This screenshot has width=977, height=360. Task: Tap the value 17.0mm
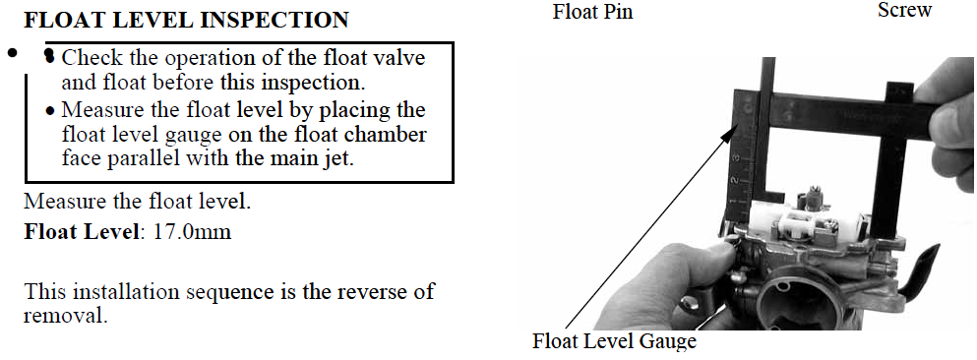coord(192,232)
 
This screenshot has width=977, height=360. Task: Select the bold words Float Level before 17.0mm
coord(84,232)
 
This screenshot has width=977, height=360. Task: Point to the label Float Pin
coord(592,12)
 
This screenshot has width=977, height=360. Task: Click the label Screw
coord(905,10)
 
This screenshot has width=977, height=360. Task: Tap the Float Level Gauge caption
coord(614,340)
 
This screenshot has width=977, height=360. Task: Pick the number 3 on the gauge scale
coord(737,158)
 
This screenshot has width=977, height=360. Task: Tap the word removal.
coord(65,315)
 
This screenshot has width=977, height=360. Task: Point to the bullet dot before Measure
coord(50,113)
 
